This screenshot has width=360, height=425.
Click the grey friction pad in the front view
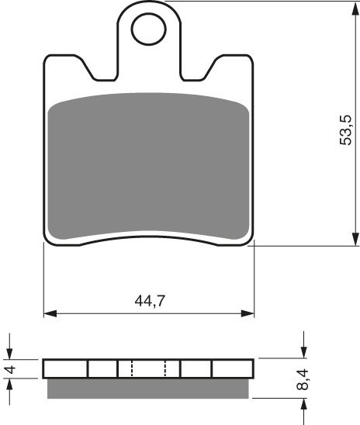[149, 166]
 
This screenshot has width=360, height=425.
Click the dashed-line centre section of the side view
[149, 368]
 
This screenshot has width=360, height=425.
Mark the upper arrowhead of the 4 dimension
[11, 353]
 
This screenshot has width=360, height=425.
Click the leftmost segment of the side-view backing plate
[65, 368]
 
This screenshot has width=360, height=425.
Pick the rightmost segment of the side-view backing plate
[233, 368]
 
